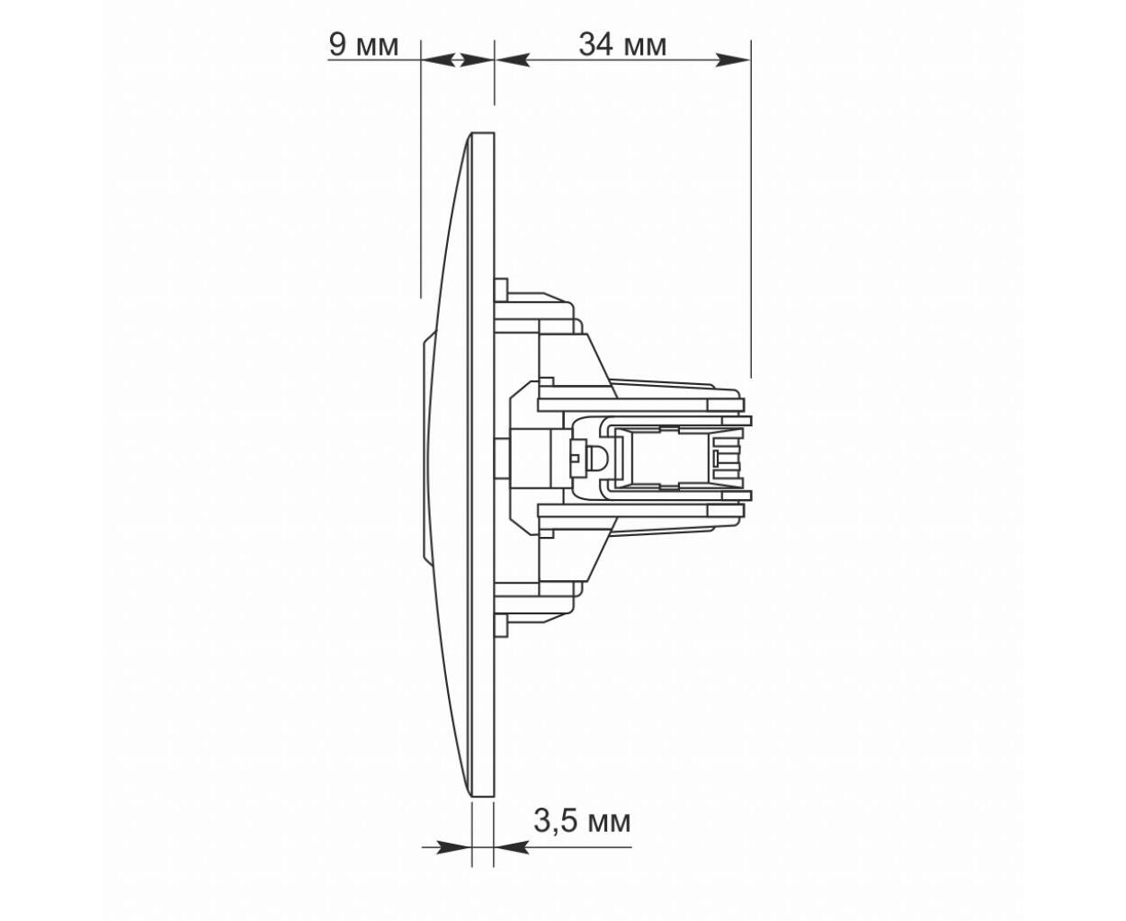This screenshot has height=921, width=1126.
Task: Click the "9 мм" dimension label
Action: click(363, 45)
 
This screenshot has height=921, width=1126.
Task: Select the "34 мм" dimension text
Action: click(622, 45)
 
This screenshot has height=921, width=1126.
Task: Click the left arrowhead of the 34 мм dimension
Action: click(513, 59)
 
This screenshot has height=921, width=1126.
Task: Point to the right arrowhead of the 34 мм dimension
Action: click(732, 59)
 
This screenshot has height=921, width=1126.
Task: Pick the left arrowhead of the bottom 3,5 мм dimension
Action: click(454, 846)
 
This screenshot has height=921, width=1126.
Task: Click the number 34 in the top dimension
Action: click(596, 45)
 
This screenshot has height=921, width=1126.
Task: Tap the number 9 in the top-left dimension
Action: click(337, 45)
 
